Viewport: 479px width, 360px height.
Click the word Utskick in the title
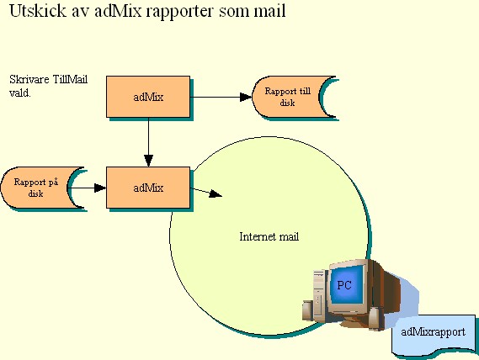pos(38,10)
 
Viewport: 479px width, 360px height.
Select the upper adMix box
pos(148,97)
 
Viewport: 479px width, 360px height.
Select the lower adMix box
pos(148,188)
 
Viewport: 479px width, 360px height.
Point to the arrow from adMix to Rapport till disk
pos(221,97)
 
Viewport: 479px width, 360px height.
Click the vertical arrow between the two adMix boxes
pos(148,142)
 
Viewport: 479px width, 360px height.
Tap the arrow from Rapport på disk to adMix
pos(87,188)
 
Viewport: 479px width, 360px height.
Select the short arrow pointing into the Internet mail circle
pos(206,193)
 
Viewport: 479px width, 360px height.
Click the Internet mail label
pos(269,236)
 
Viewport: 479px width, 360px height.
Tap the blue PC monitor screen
pos(345,284)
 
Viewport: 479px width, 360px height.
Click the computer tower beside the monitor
pos(318,293)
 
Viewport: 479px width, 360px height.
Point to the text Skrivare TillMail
pos(49,79)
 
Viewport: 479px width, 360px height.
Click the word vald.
pos(20,93)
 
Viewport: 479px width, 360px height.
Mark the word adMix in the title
pos(118,10)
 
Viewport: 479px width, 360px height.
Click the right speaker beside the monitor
pos(375,318)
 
